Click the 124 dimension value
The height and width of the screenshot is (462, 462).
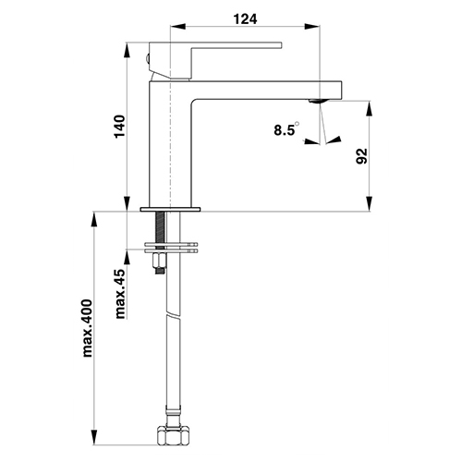point(245,19)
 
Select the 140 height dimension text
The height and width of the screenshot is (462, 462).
point(120,127)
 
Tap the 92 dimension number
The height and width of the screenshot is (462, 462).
point(362,156)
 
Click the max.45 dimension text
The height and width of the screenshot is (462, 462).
point(120,294)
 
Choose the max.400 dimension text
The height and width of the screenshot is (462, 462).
point(88,328)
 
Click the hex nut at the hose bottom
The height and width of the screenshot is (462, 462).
point(173,435)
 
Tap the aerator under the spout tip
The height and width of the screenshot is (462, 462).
point(317,101)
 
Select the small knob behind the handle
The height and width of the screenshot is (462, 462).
point(148,58)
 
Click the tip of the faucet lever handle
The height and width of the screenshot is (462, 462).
point(281,45)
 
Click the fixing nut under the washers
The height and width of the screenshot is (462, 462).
point(160,261)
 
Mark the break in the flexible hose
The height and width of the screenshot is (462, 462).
point(173,315)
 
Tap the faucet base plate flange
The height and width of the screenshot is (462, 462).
point(170,210)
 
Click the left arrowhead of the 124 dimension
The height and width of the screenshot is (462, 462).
point(177,27)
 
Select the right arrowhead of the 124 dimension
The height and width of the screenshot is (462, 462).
point(312,27)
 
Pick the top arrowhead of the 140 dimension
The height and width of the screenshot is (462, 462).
point(127,50)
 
